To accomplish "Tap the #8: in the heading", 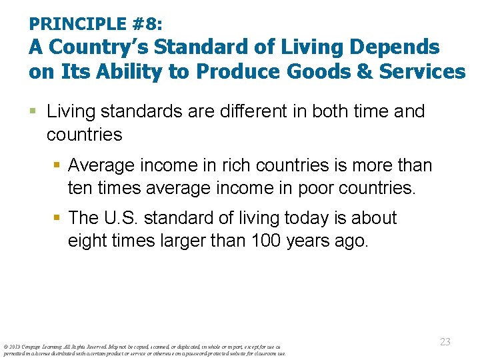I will pos(147,25).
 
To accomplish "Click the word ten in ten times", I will pos(79,189).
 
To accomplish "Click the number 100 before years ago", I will pos(266,241).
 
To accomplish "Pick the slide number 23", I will pos(445,341).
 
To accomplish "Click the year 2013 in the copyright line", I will pos(13,346).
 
